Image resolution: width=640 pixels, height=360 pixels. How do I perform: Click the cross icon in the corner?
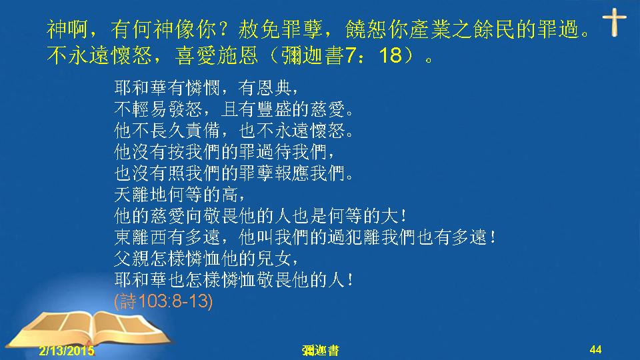(614, 23)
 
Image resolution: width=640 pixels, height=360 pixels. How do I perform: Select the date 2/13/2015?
(67, 351)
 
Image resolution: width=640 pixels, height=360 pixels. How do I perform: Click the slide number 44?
(595, 349)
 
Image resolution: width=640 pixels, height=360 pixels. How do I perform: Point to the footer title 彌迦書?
(321, 351)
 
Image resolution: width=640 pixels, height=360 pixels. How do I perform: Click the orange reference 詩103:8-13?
(163, 301)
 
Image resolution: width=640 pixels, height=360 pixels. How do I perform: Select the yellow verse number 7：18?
(374, 55)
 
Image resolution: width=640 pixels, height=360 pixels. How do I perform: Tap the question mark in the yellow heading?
(223, 29)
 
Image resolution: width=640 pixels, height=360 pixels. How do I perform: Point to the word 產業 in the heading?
(430, 29)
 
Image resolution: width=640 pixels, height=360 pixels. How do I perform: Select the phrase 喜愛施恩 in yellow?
(217, 55)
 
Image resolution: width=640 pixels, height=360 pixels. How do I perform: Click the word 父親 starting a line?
(132, 259)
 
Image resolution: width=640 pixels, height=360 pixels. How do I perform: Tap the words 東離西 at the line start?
(141, 237)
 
